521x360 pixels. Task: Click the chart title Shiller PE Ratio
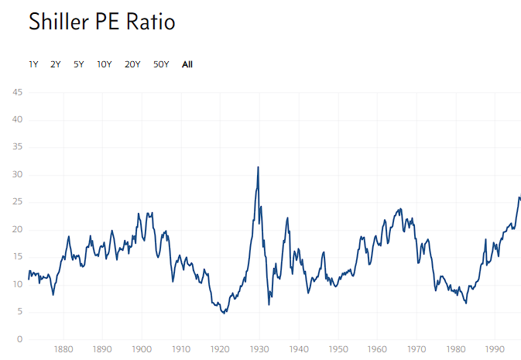(x=101, y=22)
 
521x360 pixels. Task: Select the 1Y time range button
(x=33, y=64)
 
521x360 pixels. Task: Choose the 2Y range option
(x=56, y=64)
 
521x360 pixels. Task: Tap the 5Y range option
(x=79, y=64)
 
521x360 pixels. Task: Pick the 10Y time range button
(x=105, y=64)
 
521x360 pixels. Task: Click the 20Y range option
(x=132, y=64)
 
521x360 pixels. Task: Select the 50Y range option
(x=161, y=64)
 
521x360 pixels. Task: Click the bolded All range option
(x=187, y=64)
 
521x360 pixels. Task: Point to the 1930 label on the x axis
(x=259, y=349)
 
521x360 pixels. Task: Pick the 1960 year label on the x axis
(x=377, y=349)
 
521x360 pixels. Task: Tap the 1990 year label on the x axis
(x=495, y=349)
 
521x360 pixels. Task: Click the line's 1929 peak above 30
(x=258, y=167)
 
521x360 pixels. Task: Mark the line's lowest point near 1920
(x=224, y=313)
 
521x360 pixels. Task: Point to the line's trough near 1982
(x=466, y=303)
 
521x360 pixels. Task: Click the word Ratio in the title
(x=153, y=22)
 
